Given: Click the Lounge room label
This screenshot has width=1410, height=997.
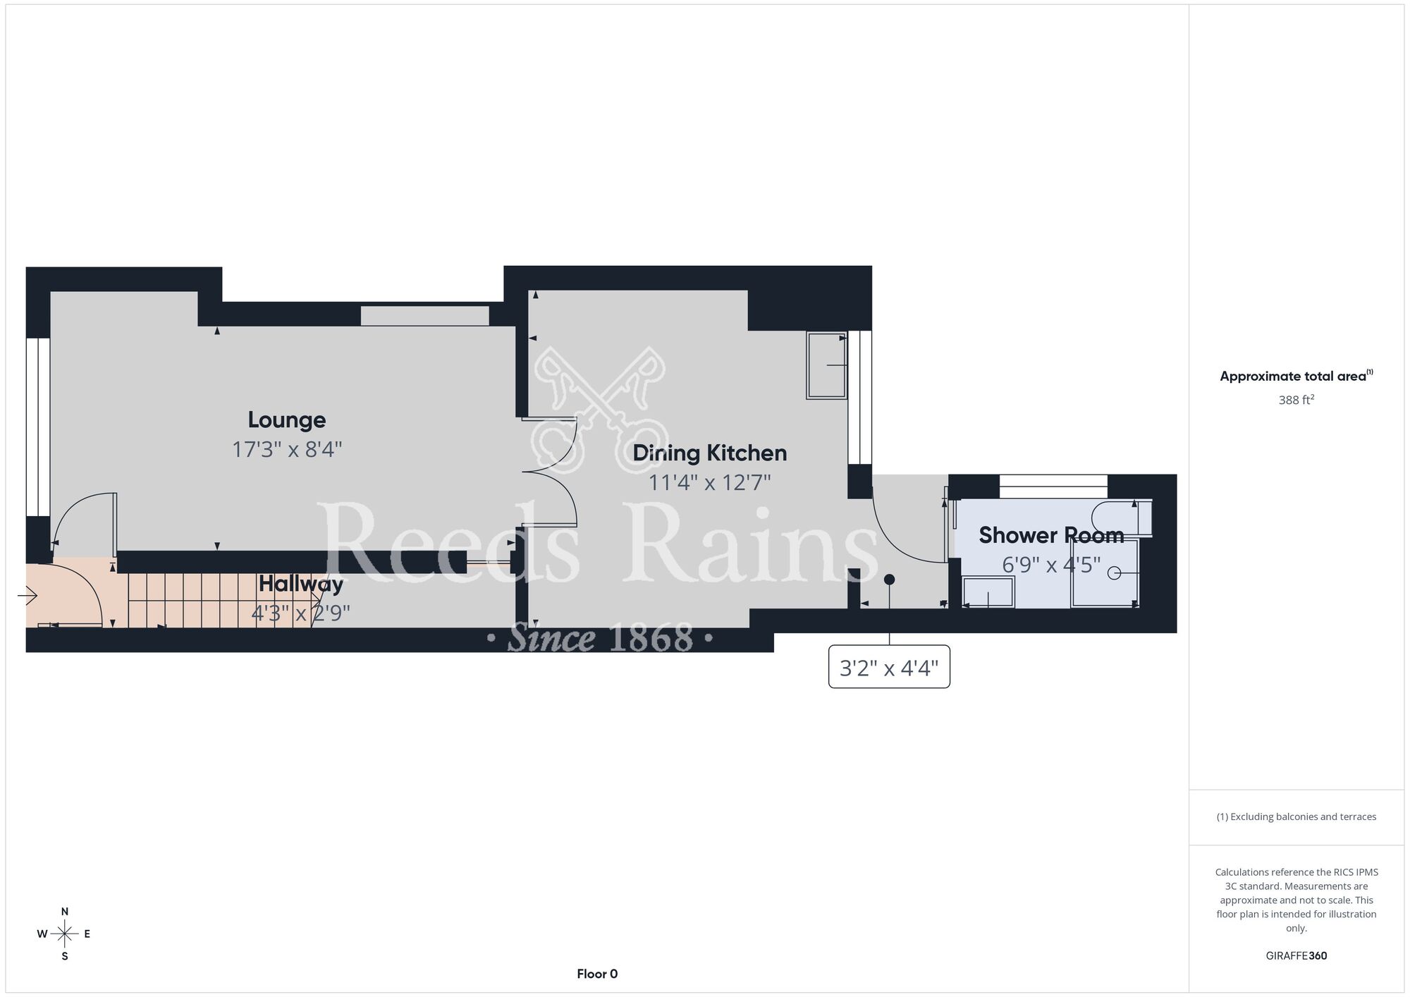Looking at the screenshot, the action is tap(287, 420).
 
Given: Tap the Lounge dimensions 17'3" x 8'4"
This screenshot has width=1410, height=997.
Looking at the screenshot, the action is tap(287, 450).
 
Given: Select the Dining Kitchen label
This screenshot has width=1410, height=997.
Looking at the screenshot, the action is tap(710, 453).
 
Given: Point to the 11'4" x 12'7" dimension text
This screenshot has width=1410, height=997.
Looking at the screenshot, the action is tap(710, 483).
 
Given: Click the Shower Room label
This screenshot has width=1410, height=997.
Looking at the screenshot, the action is tap(1051, 535).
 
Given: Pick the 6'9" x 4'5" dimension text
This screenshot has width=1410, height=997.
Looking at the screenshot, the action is tap(1051, 565).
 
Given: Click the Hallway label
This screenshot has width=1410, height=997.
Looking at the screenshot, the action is tap(301, 584).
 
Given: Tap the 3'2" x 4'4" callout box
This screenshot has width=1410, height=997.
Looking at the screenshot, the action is tap(889, 666).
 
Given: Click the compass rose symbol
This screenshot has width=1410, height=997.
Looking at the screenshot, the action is tap(65, 934).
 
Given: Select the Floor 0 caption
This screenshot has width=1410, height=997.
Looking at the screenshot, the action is tap(597, 974).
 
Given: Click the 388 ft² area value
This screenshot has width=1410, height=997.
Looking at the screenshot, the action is tap(1296, 400).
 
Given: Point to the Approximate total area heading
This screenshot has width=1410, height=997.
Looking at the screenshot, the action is tap(1296, 376).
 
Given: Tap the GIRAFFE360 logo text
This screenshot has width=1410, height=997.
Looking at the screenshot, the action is tap(1296, 956).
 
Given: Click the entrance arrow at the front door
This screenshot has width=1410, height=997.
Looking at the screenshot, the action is tap(27, 597).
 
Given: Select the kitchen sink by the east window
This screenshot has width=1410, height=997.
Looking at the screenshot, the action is tap(827, 365).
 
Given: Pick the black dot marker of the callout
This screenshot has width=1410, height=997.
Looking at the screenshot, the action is tap(890, 580).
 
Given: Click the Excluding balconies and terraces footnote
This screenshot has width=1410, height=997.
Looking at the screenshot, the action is tap(1296, 816).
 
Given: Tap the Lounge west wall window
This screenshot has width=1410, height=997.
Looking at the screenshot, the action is tap(38, 427).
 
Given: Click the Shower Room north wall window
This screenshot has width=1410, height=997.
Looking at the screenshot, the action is tap(1053, 487).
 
